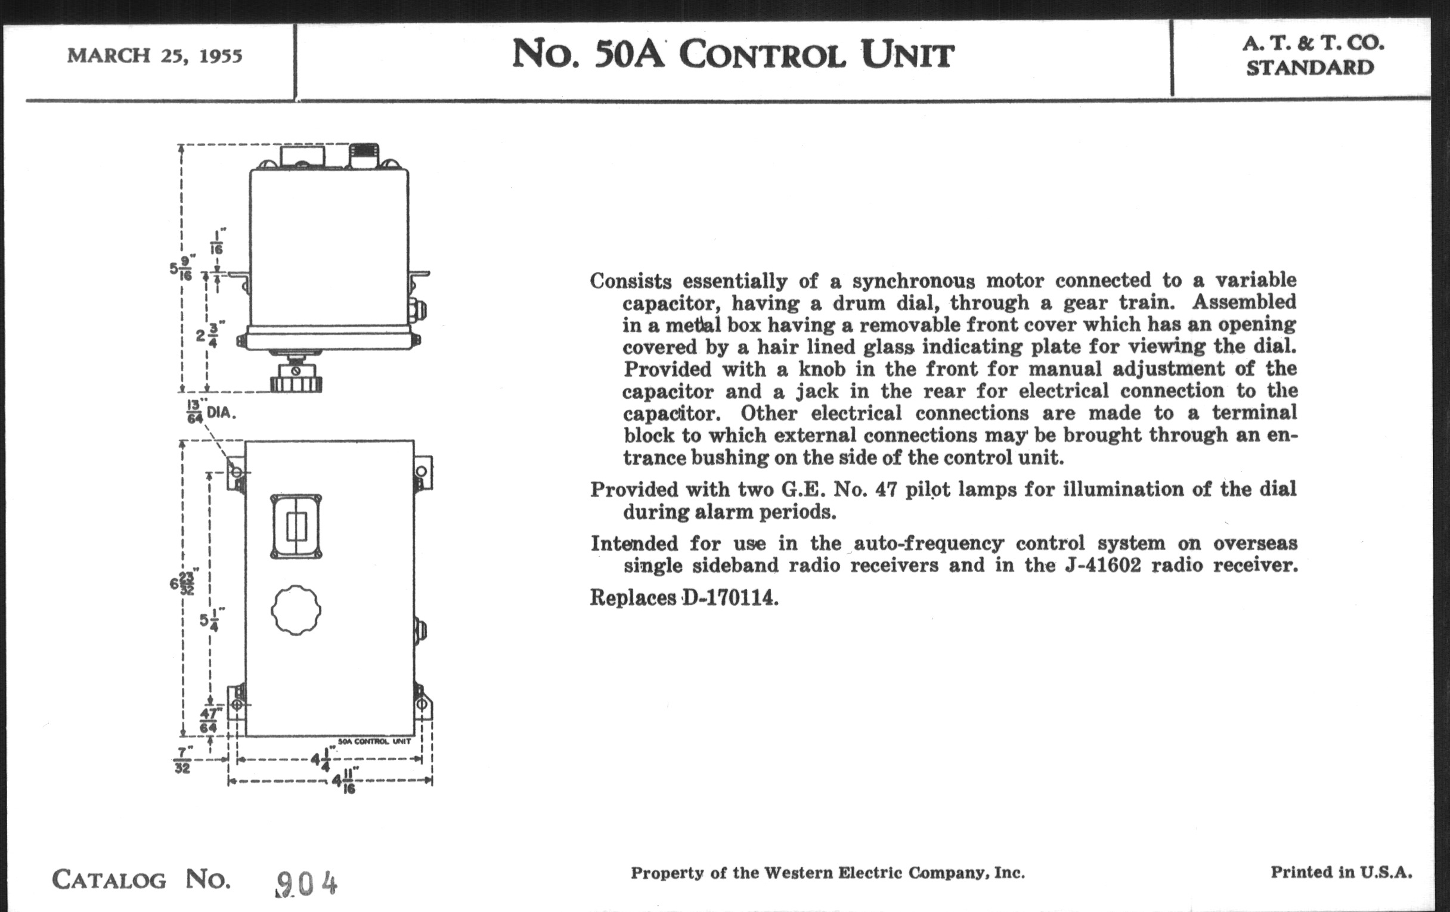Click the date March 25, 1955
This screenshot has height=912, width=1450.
[155, 56]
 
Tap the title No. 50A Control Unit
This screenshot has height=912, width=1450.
[733, 54]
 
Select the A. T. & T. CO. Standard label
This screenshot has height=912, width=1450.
[1313, 56]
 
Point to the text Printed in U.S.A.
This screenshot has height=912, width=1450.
[1341, 872]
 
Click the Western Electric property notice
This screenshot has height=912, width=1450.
[828, 873]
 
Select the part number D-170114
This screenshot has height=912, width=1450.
[730, 598]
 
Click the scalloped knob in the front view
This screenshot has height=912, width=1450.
[296, 610]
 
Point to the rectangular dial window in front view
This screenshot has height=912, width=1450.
[296, 527]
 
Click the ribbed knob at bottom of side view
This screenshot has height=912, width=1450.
[296, 381]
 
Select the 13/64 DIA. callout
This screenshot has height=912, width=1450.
[210, 412]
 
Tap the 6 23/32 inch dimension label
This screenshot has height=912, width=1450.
[183, 582]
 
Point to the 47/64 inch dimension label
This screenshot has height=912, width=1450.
[209, 720]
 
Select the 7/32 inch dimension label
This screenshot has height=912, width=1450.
[182, 759]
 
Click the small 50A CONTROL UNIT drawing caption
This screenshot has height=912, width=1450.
[374, 742]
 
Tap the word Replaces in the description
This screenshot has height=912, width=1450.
[633, 598]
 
